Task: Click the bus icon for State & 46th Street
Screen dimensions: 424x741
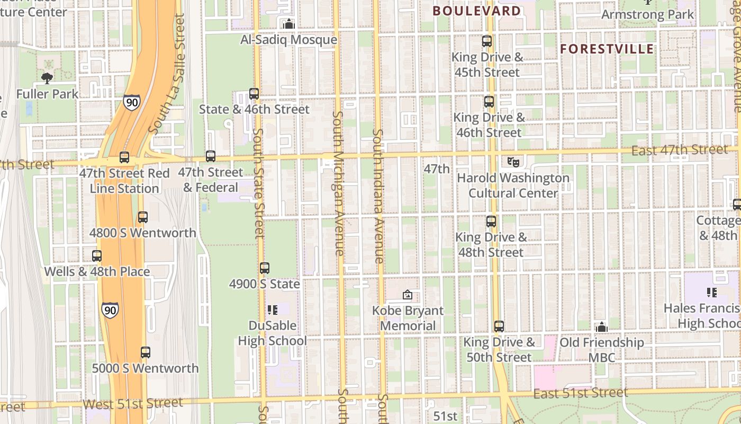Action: [254, 94]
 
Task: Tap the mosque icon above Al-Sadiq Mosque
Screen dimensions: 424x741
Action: [289, 24]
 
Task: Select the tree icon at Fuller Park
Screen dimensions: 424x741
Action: [47, 78]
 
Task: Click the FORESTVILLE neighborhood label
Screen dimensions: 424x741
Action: [607, 49]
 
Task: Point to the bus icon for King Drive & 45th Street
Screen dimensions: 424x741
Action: [487, 41]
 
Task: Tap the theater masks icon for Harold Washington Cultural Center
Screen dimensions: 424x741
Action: [513, 162]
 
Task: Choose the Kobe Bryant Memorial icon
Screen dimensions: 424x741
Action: [408, 295]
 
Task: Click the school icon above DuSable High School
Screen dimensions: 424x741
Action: [273, 310]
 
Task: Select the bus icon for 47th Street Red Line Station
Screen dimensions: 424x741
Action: [124, 157]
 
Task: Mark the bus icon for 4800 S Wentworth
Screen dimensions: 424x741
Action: [143, 217]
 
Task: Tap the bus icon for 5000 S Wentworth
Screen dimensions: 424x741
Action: [146, 352]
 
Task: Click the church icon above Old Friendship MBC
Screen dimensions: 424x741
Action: [601, 327]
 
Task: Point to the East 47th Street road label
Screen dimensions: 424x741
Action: [680, 151]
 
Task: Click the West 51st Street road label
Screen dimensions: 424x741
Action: [133, 403]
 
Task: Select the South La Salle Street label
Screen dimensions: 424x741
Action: [168, 74]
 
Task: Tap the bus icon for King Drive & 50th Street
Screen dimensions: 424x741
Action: [499, 326]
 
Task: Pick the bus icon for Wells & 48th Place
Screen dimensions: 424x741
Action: [97, 256]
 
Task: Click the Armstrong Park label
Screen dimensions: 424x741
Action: [647, 14]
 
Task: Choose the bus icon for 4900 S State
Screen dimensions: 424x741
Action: [265, 268]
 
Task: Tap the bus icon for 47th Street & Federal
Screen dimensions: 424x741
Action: [211, 156]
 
